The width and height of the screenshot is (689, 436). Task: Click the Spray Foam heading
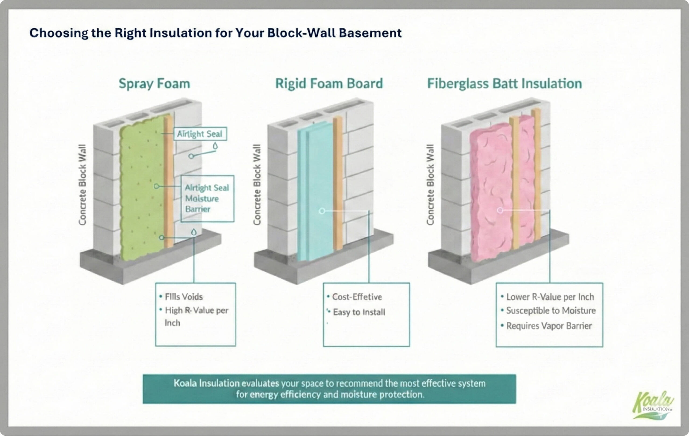[154, 84]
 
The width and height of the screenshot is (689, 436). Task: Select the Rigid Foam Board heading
[329, 84]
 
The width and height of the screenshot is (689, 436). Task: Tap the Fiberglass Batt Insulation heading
[504, 84]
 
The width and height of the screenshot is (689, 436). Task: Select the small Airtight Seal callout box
[200, 134]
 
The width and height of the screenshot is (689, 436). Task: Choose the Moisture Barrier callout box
[207, 198]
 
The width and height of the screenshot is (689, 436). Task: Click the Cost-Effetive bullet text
[357, 297]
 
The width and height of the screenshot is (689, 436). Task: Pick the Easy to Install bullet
[359, 312]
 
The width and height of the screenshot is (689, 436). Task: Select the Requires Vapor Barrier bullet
[549, 326]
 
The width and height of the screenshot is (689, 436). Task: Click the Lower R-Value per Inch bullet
[550, 297]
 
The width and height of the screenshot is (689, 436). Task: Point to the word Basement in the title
[370, 33]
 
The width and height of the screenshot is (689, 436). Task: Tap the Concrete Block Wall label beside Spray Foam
[82, 185]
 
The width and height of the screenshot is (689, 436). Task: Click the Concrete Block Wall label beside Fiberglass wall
[430, 185]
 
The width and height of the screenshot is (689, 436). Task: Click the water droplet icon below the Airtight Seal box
[215, 146]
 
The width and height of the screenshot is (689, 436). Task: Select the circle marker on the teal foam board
[322, 211]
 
